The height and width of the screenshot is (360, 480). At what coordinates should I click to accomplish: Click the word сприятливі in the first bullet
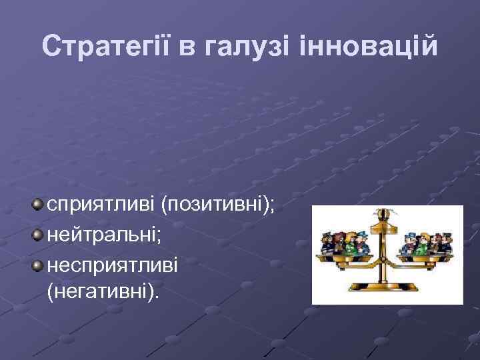(101, 204)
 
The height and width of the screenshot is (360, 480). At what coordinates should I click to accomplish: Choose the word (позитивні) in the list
(217, 204)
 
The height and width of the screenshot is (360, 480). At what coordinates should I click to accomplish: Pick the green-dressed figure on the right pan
(423, 244)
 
